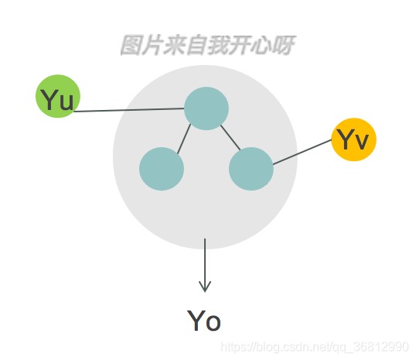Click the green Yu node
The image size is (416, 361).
[x=58, y=96]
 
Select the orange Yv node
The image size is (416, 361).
[x=354, y=139]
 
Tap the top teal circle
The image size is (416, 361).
[x=206, y=108]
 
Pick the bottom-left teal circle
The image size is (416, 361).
[x=162, y=169]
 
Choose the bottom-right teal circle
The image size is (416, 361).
[x=251, y=169]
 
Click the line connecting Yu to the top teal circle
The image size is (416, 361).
[x=129, y=110]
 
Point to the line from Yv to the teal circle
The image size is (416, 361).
[x=302, y=152]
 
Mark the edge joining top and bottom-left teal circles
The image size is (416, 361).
[x=184, y=139]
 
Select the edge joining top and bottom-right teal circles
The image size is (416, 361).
[x=230, y=138]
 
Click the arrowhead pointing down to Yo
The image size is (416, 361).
[x=205, y=287]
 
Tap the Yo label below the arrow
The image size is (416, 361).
[x=204, y=321]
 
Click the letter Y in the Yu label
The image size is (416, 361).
[x=49, y=99]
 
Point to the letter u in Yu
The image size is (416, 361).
[x=66, y=102]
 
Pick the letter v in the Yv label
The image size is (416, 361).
[x=362, y=141]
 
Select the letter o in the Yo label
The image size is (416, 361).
[x=213, y=324]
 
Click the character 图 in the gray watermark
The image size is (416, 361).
[x=131, y=45]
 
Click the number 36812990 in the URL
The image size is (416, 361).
[x=381, y=347]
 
